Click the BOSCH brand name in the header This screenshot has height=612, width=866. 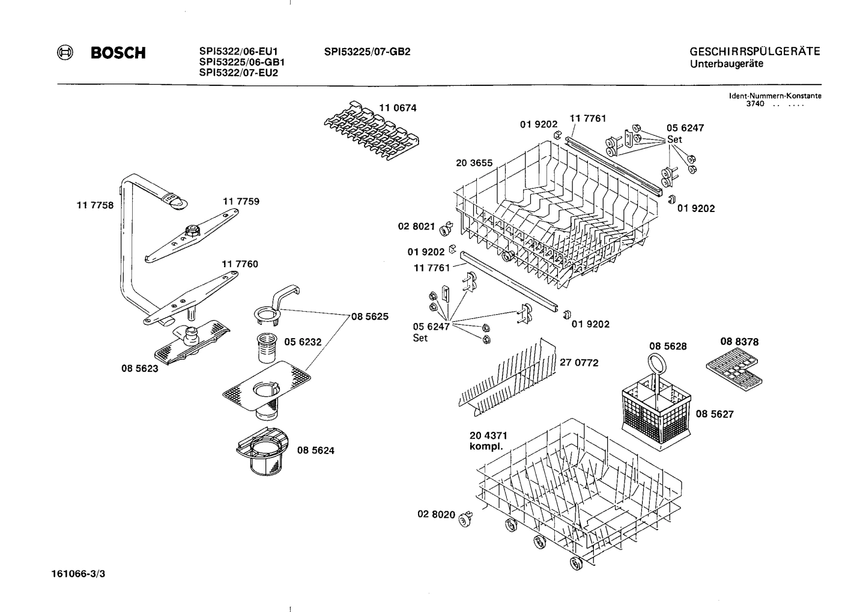click(118, 53)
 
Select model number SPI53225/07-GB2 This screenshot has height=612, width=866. click(367, 52)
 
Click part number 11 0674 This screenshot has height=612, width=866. click(397, 108)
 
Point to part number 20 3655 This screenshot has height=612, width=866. click(474, 163)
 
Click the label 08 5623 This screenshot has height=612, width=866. click(140, 369)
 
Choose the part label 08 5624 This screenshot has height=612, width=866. click(315, 450)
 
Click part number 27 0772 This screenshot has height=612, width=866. click(579, 363)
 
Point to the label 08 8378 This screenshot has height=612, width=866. click(739, 342)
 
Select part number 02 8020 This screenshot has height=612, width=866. click(436, 515)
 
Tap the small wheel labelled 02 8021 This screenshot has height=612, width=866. click(446, 229)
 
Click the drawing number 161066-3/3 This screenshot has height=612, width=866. click(78, 574)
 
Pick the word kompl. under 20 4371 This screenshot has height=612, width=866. click(485, 447)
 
